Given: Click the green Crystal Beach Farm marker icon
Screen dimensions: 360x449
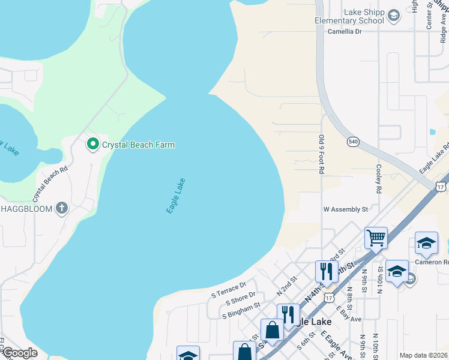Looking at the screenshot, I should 93,144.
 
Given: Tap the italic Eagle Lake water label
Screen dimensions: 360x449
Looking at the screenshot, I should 175,196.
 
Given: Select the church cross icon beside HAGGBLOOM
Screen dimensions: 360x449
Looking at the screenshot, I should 61,208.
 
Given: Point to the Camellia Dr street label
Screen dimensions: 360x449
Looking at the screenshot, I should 345,31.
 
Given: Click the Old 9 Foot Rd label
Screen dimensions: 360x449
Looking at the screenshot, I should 321,155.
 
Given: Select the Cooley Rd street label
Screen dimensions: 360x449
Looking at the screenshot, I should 378,179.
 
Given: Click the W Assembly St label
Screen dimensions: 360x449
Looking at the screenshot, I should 345,209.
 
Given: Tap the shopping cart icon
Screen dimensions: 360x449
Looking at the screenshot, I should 376,237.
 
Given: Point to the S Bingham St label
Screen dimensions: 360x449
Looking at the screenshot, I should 241,310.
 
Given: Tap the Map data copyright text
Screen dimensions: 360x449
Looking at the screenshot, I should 423,355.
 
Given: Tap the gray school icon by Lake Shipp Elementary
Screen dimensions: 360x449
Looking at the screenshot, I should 394,16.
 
